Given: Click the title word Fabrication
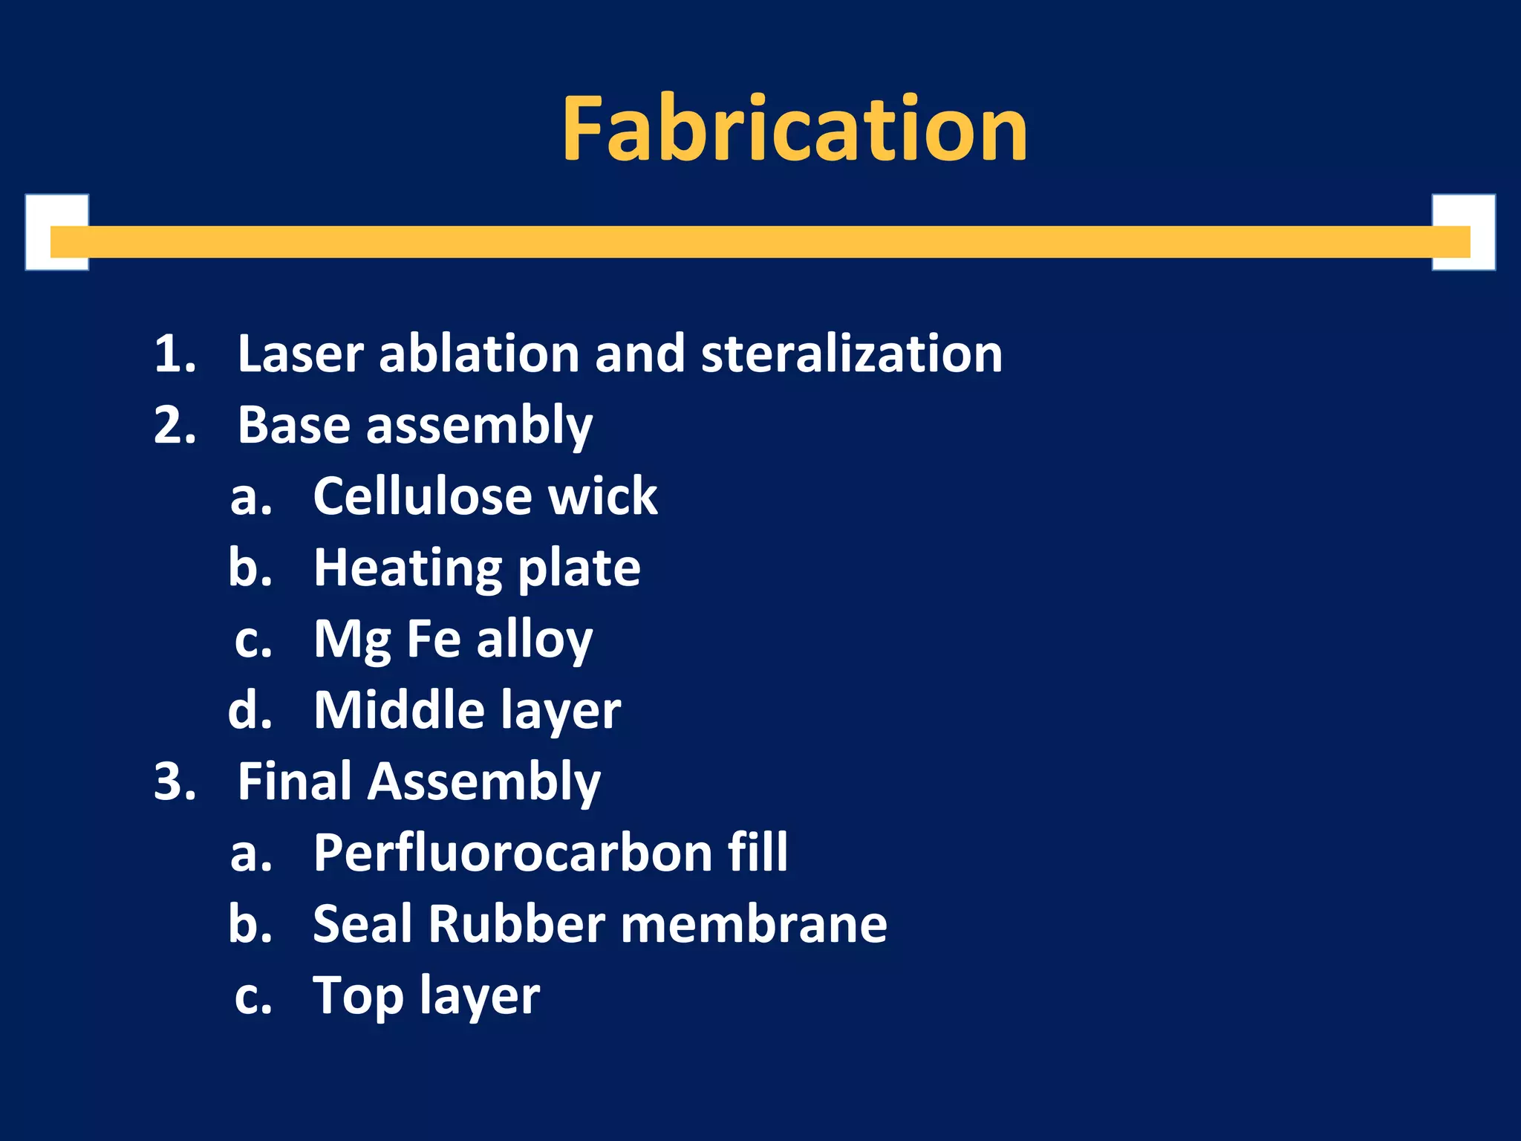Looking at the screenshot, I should click(x=795, y=129).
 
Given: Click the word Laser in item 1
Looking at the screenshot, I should click(x=300, y=354).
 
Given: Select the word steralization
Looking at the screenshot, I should click(x=851, y=354).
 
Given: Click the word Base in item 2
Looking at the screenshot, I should click(x=293, y=425).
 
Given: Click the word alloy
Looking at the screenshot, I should click(x=534, y=640).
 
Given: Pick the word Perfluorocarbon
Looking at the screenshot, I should click(x=513, y=853).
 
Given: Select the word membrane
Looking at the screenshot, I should click(x=754, y=924).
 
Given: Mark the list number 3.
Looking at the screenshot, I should click(x=175, y=781).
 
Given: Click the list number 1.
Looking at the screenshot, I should click(x=175, y=354).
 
